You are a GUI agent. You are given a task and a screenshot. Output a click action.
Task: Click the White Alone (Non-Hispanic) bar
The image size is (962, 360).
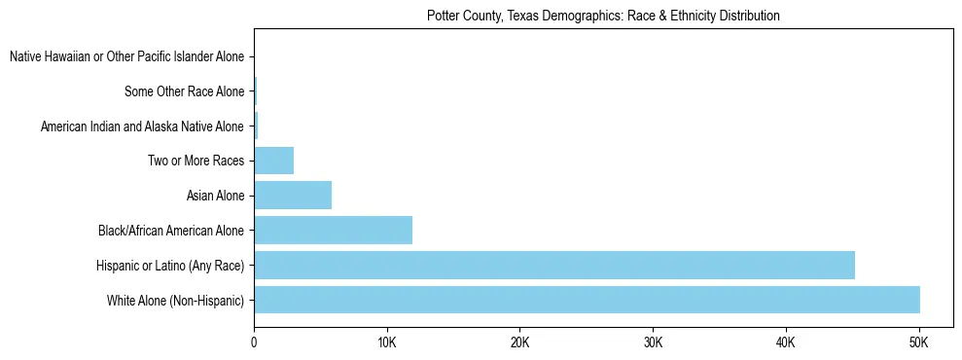(x=587, y=300)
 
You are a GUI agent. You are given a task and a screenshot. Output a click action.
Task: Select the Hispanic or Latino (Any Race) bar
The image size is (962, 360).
(x=554, y=265)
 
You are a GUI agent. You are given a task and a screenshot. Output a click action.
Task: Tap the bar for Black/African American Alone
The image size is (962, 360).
(x=333, y=231)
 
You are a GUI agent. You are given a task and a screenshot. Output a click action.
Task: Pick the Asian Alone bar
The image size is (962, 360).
(x=293, y=196)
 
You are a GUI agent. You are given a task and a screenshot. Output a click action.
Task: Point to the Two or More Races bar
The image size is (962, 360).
(x=273, y=161)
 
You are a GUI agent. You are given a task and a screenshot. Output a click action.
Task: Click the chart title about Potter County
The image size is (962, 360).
(x=603, y=17)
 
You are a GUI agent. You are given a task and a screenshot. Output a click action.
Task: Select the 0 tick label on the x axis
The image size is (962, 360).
(x=254, y=343)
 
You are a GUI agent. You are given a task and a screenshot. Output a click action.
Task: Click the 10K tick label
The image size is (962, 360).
(x=387, y=343)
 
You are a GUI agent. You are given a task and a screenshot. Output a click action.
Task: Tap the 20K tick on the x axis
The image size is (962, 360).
(x=519, y=343)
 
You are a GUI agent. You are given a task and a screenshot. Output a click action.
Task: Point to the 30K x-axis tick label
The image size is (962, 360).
(x=653, y=343)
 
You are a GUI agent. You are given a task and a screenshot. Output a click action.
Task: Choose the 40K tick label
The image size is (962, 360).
(x=786, y=343)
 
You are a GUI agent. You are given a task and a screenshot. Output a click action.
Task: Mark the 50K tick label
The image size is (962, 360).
(x=918, y=343)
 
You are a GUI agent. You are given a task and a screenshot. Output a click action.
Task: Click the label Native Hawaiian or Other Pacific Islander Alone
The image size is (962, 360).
(x=126, y=57)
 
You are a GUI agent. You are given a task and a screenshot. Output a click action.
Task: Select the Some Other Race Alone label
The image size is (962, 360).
(x=184, y=92)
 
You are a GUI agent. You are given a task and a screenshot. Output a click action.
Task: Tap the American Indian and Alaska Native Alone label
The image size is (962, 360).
(x=142, y=126)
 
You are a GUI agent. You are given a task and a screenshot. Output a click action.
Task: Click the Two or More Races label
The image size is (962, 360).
(x=196, y=162)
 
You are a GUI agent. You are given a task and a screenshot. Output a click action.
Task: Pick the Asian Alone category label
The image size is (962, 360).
(x=215, y=197)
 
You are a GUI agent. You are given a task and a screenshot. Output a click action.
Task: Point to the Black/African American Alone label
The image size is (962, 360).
(x=171, y=231)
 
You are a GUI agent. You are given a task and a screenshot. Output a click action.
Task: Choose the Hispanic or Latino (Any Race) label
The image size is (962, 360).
(x=170, y=266)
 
